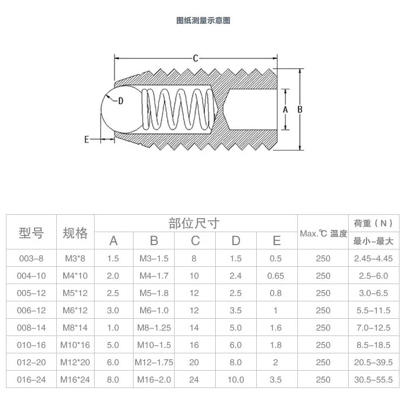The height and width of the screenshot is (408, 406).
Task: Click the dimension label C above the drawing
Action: click(196, 58)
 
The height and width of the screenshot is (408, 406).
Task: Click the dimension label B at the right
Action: click(299, 109)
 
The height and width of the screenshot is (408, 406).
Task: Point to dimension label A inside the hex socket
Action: click(285, 109)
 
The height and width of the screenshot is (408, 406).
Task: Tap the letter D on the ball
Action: click(120, 101)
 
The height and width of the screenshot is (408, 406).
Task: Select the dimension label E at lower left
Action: click(86, 140)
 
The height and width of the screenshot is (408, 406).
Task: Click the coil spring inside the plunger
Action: click(176, 108)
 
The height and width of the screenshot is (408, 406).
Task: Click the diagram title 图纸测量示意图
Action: click(203, 21)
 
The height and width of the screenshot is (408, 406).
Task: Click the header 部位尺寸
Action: click(194, 223)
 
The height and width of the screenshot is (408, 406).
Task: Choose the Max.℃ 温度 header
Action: click(323, 233)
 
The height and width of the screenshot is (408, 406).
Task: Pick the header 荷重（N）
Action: click(373, 223)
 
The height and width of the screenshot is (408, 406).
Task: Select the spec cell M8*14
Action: click(75, 327)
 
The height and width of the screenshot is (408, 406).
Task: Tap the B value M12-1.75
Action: click(154, 362)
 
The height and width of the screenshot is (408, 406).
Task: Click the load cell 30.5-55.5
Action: click(373, 379)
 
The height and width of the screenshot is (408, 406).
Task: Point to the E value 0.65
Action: click(276, 275)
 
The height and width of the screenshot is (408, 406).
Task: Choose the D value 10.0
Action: click(236, 379)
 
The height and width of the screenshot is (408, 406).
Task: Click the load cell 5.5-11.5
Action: click(373, 310)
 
